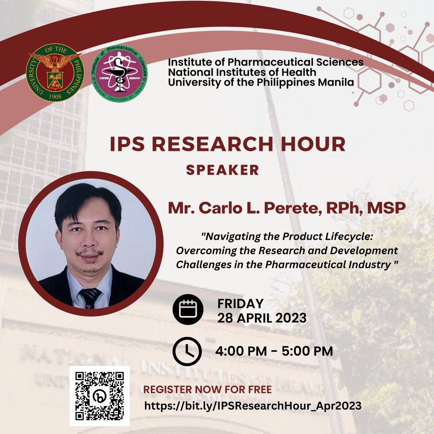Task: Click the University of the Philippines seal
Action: [x=54, y=72]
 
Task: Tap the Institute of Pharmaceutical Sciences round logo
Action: [x=120, y=73]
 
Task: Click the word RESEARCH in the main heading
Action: [x=212, y=144]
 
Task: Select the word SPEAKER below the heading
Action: [x=223, y=170]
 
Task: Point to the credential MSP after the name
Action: [x=387, y=208]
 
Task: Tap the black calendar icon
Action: [x=188, y=309]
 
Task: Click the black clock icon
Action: [x=187, y=351]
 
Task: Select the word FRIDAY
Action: [x=240, y=303]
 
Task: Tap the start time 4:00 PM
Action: [x=241, y=351]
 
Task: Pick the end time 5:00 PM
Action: [x=307, y=351]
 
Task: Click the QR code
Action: [x=99, y=396]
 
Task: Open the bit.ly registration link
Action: [x=253, y=406]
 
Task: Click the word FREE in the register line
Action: [x=260, y=389]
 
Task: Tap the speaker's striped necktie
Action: [x=90, y=298]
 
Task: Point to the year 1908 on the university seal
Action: [x=55, y=97]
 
